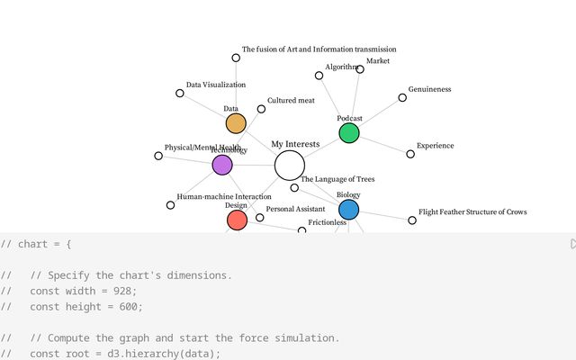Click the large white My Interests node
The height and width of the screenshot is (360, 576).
[290, 166]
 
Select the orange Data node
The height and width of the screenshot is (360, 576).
[236, 123]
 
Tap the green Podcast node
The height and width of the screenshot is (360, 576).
[349, 133]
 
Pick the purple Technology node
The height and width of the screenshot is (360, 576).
[222, 165]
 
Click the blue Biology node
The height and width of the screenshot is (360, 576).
[348, 210]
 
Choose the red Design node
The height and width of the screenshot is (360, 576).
[237, 220]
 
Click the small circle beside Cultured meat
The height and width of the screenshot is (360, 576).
[261, 109]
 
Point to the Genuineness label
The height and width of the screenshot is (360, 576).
[429, 89]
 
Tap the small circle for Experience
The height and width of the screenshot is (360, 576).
[410, 154]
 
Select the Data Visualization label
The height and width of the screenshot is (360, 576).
[216, 85]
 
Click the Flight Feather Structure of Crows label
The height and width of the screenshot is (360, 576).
[472, 212]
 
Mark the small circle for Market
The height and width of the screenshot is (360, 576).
[360, 69]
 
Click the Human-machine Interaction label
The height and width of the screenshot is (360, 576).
[224, 196]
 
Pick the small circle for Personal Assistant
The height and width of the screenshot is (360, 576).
[260, 217]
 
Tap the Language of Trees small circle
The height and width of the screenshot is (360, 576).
[294, 188]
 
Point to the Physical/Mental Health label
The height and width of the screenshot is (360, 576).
[202, 147]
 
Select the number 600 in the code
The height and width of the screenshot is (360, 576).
[130, 306]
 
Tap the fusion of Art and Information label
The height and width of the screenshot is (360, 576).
[319, 49]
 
